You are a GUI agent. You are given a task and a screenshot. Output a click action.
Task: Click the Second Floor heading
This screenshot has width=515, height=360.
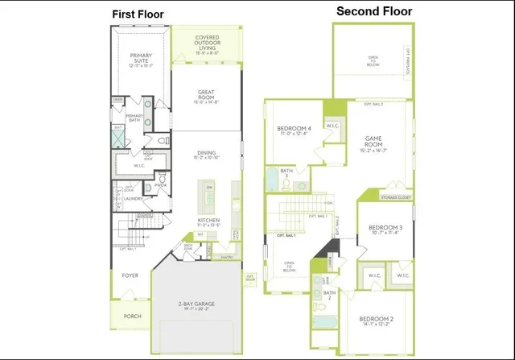(x=374, y=11)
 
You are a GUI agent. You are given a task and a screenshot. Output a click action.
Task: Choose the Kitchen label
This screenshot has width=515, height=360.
(x=209, y=219)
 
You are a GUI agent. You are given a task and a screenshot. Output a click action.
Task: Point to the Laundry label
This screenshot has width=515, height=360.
(x=134, y=198)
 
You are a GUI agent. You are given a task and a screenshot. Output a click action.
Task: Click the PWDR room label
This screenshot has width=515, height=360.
(x=160, y=185)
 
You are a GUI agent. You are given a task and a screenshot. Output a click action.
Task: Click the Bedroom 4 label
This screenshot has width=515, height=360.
(x=294, y=130)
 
